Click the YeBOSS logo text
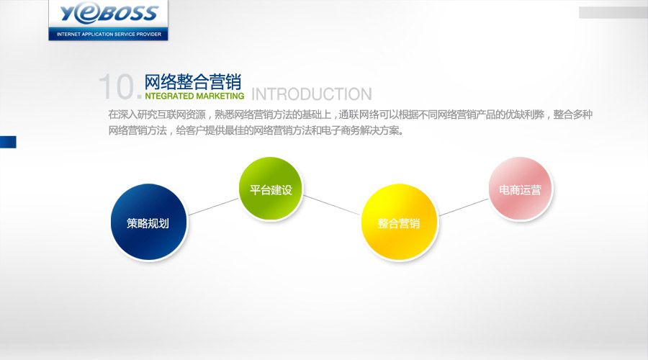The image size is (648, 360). pos(109,14)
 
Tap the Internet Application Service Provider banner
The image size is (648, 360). pos(108,34)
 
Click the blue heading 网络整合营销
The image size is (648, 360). pos(192,82)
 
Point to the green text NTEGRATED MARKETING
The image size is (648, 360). pos(194,96)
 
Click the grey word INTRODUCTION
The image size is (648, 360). pos(312,94)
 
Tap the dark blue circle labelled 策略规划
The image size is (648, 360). pos(149,222)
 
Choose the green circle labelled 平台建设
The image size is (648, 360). pos(271,189)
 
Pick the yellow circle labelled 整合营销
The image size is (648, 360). pos(399,222)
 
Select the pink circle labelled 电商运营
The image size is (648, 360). pos(521,189)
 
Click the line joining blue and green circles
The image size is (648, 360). pos(213,207)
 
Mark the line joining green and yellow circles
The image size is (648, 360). pos(331,205)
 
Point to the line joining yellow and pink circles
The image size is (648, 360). pos(464,207)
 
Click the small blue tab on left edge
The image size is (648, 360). pos(8,142)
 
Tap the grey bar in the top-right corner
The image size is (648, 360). pos(613,12)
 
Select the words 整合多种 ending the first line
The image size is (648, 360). pos(573,114)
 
